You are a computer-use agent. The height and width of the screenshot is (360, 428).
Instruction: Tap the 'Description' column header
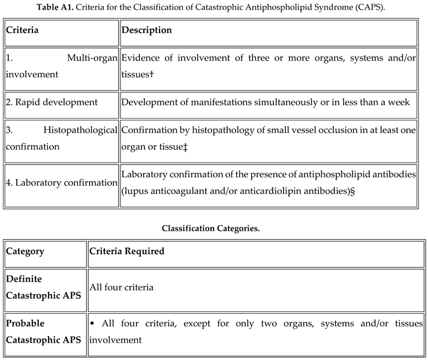point(146,30)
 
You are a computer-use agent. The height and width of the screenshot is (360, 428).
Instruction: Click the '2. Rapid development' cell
point(51,102)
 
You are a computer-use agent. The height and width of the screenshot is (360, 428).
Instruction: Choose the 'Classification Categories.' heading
point(213,228)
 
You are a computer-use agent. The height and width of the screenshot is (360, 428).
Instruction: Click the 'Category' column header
point(25,251)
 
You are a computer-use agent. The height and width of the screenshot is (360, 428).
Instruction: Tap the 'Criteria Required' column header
point(127,251)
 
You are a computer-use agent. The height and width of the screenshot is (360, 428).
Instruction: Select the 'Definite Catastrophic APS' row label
point(44,287)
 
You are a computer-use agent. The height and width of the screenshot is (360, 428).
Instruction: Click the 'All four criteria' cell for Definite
point(122,287)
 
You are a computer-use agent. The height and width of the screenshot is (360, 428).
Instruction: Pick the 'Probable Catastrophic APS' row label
point(44,331)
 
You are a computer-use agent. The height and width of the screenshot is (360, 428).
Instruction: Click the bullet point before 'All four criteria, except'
point(92,323)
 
